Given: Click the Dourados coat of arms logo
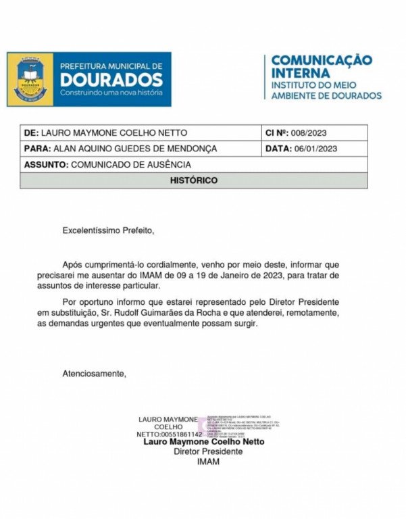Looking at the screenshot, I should tap(30, 80).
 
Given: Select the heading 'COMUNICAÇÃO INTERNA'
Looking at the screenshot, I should tap(322, 66).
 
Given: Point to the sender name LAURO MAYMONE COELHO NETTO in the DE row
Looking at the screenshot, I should tap(114, 132).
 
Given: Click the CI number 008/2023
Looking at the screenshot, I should tap(313, 132).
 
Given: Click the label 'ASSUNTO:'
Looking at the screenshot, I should tap(46, 164).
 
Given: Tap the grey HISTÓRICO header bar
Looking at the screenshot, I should tap(193, 180).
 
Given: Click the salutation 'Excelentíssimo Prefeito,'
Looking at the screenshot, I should tap(109, 230).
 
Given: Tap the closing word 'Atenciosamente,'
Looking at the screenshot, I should tap(94, 373).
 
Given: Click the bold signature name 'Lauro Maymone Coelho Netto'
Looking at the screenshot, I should tap(204, 442).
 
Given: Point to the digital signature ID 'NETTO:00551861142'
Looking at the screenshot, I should tap(169, 434).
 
